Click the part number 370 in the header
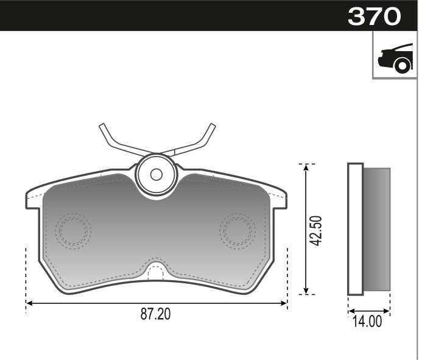pyautogui.click(x=374, y=16)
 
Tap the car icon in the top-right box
pyautogui.click(x=395, y=58)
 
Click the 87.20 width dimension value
pyautogui.click(x=156, y=314)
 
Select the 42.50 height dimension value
pyautogui.click(x=315, y=230)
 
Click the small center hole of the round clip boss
pyautogui.click(x=156, y=174)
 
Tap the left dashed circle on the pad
pyautogui.click(x=72, y=230)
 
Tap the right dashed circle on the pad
pyautogui.click(x=237, y=230)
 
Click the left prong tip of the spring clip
pyautogui.click(x=102, y=127)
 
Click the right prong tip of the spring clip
pyautogui.click(x=212, y=127)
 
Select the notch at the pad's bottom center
pyautogui.click(x=156, y=271)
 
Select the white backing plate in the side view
pyautogui.click(x=355, y=229)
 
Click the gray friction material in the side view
pyautogui.click(x=376, y=229)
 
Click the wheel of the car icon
pyautogui.click(x=402, y=65)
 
